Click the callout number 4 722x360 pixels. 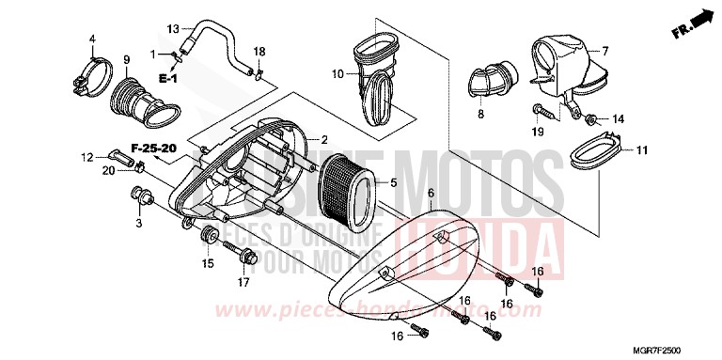[93, 39]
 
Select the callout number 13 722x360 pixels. [173, 28]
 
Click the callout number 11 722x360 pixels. [641, 150]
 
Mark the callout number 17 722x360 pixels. [243, 280]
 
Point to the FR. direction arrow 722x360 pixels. [693, 20]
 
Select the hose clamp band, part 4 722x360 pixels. [90, 71]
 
